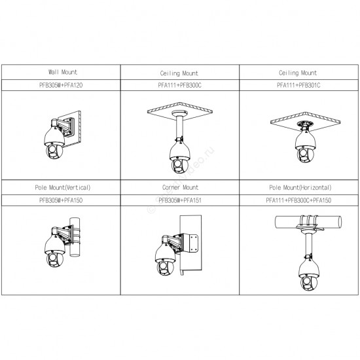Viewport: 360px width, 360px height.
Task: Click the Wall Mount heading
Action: (x=63, y=72)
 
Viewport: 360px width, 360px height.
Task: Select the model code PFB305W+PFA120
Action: (x=61, y=85)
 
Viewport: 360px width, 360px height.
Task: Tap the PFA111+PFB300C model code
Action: (x=179, y=85)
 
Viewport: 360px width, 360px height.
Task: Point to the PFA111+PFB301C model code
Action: (x=298, y=85)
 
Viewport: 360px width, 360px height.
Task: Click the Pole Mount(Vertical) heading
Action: (x=63, y=188)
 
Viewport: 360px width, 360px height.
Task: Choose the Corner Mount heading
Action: (x=180, y=187)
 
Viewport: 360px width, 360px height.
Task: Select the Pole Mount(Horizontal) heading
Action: (x=300, y=188)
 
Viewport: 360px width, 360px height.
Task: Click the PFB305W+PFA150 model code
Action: (x=61, y=200)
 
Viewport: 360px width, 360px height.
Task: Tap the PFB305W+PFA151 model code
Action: (x=180, y=200)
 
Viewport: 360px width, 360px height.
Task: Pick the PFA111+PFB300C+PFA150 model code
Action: (x=298, y=200)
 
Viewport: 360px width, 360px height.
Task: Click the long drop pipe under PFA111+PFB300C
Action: (x=179, y=128)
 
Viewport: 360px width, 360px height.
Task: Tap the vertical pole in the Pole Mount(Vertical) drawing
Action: (x=75, y=237)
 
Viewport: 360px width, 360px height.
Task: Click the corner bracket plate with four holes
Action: (x=194, y=243)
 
